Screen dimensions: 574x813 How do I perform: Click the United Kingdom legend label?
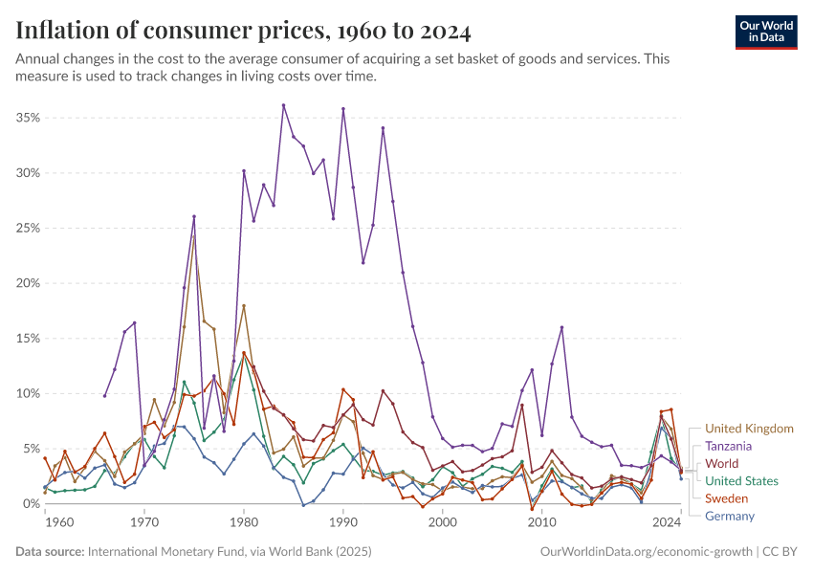tap(749, 429)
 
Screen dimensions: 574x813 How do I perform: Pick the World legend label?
tap(722, 463)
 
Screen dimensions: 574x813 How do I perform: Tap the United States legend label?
tap(741, 481)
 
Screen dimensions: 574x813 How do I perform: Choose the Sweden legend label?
tap(726, 498)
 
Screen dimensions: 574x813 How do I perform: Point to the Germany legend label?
tap(730, 517)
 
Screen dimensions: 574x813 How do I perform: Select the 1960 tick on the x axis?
tap(59, 522)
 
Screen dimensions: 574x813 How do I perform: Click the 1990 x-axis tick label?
tap(342, 522)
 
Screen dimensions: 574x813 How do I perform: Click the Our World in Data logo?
tap(766, 32)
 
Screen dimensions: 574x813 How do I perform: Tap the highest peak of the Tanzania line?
tap(284, 105)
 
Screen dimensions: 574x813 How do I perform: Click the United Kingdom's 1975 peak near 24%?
tap(194, 235)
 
